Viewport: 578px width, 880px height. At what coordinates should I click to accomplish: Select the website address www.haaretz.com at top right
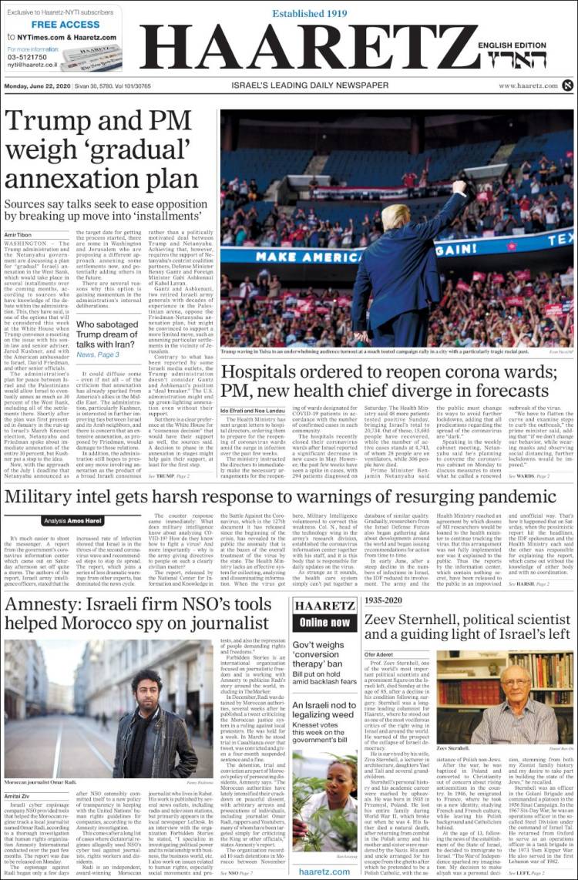point(527,86)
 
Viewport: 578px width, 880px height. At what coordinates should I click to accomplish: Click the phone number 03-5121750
point(29,57)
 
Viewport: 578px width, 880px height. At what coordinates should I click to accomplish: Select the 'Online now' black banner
point(325,623)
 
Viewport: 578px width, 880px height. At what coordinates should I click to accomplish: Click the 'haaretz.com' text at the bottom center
point(325,871)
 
